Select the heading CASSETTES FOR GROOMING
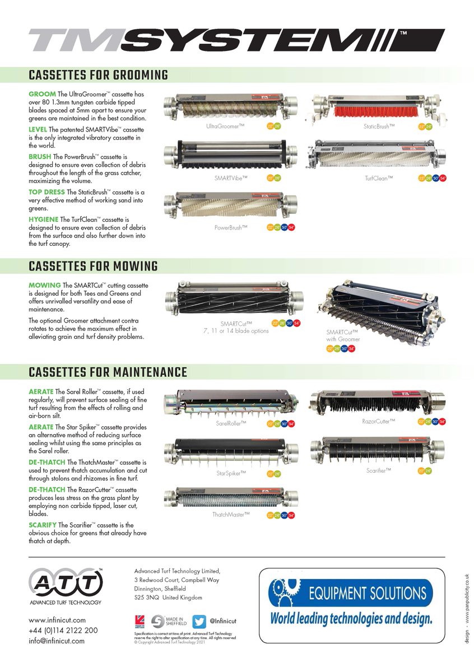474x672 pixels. tap(98, 75)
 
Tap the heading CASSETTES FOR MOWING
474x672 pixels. tap(93, 265)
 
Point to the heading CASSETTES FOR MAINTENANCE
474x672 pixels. tap(108, 372)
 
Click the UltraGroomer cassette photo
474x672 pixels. tap(230, 108)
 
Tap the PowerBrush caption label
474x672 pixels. tap(230, 228)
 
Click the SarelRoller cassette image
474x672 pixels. tap(230, 405)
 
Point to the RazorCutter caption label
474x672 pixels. tap(383, 421)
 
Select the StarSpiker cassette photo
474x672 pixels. tap(230, 454)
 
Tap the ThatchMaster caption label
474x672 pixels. tap(230, 514)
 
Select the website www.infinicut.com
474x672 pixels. tap(57, 620)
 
